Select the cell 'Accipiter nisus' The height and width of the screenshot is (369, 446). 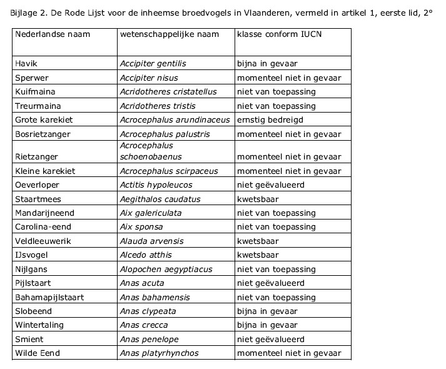150,78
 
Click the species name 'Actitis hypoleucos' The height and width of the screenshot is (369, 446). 156,185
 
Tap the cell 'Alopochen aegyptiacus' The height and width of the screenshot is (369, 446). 166,270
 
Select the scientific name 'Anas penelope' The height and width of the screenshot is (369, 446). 149,339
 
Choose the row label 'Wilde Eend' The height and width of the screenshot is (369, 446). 38,353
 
